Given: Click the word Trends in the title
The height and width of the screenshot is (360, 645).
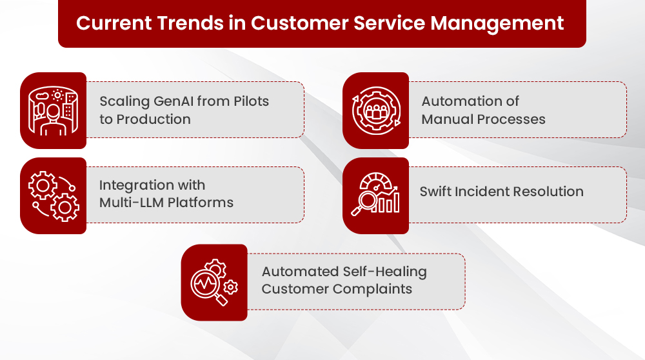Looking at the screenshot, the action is click(190, 23).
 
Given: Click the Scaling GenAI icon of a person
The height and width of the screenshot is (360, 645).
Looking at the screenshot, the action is click(53, 111).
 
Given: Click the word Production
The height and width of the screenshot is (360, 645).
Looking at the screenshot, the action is click(154, 119).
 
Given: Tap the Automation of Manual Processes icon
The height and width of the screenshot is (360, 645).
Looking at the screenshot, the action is click(376, 111).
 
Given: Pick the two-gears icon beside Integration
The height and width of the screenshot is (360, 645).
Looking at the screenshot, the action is click(54, 196).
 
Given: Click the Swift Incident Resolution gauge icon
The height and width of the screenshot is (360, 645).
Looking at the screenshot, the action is click(375, 194).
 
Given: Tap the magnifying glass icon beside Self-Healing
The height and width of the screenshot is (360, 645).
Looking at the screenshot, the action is click(214, 282).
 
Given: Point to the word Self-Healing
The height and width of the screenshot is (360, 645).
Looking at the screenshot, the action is click(385, 272).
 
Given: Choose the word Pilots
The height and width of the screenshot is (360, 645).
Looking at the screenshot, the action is click(252, 101).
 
